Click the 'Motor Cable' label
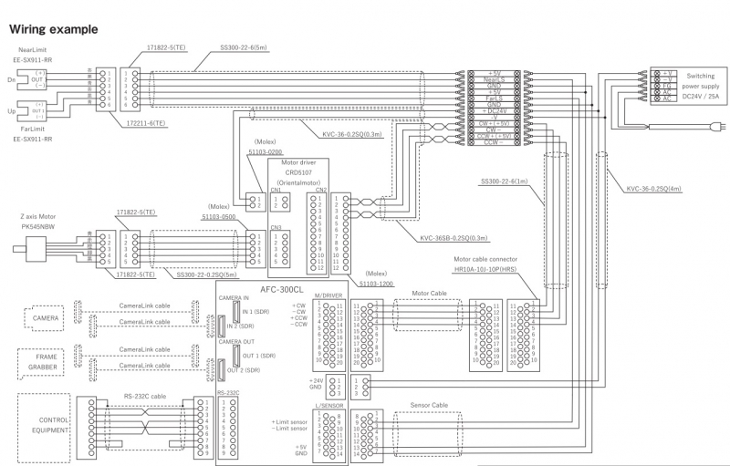pos(429,294)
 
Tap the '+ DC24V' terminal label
pos(495,110)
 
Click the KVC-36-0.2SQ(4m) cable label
pos(653,190)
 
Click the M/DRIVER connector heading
pos(327,295)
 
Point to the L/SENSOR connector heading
pos(327,403)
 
